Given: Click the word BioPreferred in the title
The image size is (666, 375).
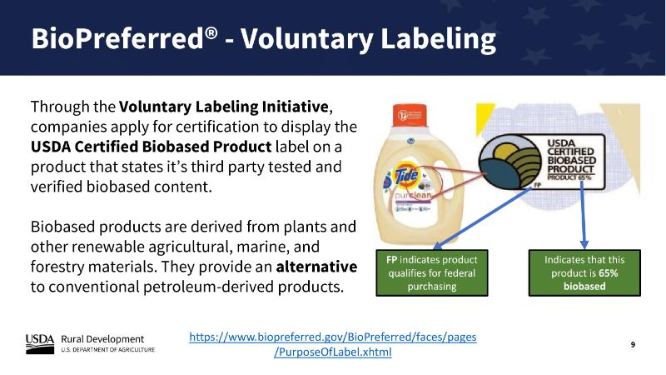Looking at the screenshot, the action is pos(118,38).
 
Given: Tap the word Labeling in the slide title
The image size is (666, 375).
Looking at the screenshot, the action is pos(438,39).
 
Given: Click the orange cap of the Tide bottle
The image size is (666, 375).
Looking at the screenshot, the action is pos(410,115).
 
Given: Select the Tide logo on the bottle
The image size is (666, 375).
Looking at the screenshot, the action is pos(406,173).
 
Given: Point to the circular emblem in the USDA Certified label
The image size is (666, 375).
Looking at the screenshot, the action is pos(509,162).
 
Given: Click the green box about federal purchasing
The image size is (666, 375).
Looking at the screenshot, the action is pos(432,273).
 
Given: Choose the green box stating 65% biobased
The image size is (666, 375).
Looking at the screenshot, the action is pos(584,273).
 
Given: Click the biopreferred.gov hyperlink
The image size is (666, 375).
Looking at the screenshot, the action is pos(332,344).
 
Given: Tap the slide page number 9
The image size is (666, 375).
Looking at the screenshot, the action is pos(633,344).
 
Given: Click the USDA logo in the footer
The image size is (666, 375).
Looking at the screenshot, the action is pos(40,344).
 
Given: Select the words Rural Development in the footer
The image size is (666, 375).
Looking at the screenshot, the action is pos(102,339).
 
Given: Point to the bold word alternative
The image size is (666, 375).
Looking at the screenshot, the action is pos(316,267).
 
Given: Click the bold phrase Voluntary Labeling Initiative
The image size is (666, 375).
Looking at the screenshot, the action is pos(223,107).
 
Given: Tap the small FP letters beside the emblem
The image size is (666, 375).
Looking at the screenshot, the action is pos(537,185).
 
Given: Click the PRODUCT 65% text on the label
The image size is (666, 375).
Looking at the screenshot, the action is pos(569,177).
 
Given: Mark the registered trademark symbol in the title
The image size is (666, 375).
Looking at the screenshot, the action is pos(211,32).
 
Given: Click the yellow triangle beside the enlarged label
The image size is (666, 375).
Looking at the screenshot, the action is pos(485,117).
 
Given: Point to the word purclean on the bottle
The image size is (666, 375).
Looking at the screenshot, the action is pos(413,196).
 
